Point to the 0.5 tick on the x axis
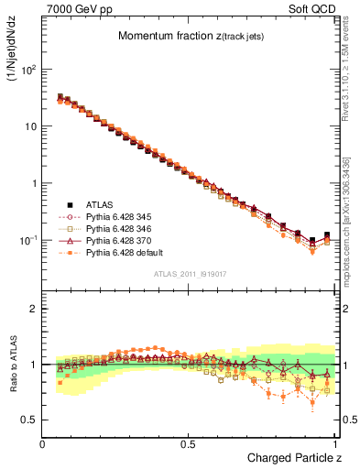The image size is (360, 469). click(x=189, y=444)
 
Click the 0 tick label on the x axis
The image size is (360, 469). click(x=43, y=444)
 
